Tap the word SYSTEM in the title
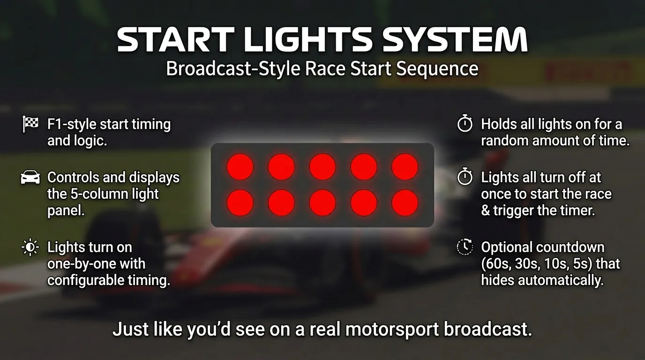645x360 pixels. (455, 40)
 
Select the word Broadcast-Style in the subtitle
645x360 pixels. (233, 69)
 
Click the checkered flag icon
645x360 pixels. (30, 124)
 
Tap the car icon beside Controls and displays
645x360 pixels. (30, 178)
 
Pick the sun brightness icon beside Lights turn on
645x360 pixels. (30, 247)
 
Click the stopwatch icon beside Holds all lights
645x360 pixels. (465, 124)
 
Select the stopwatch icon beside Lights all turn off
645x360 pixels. (465, 177)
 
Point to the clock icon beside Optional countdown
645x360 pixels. (465, 247)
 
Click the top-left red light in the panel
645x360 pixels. (240, 166)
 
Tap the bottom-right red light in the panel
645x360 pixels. (405, 203)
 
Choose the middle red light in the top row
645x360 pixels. (322, 166)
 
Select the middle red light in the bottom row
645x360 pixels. (322, 203)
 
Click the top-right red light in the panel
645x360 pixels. (405, 166)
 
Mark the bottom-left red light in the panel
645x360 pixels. (240, 203)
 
